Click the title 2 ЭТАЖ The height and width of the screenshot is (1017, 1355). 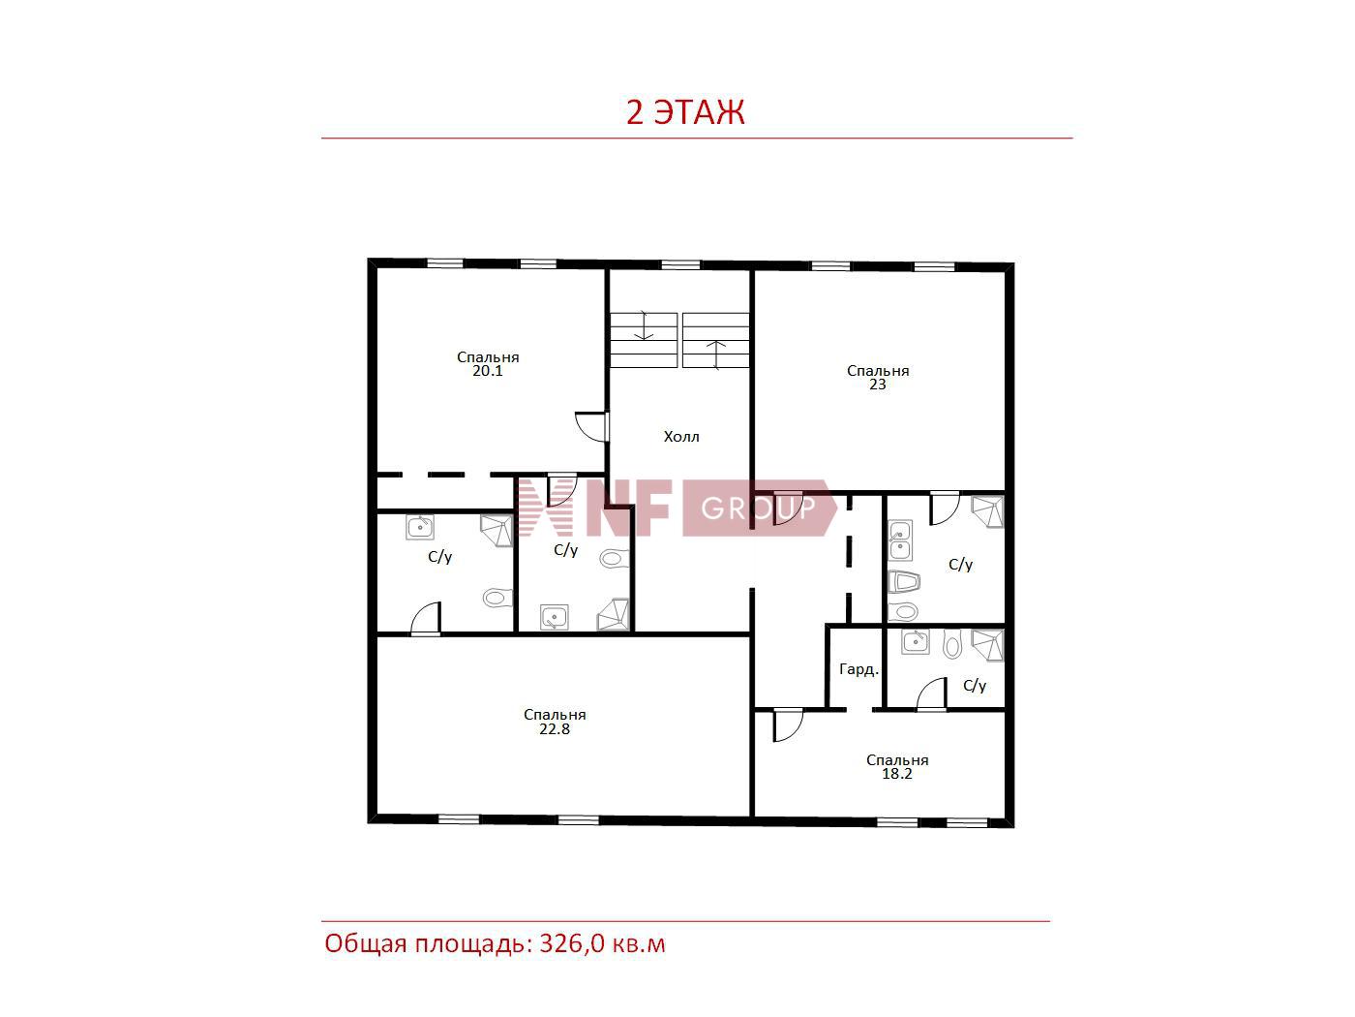(x=685, y=112)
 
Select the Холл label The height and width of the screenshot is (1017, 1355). (x=681, y=437)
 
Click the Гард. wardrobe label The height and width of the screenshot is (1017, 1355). (x=858, y=669)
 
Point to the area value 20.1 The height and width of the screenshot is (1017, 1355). (x=488, y=371)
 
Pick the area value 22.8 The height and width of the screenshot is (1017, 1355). (x=555, y=729)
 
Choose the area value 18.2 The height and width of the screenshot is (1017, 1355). (x=897, y=774)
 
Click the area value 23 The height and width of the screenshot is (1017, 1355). (x=877, y=385)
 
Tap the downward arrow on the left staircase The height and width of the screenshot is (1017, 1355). (x=644, y=325)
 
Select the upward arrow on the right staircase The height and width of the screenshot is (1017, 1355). (x=716, y=355)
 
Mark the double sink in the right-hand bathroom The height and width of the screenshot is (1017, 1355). (x=900, y=540)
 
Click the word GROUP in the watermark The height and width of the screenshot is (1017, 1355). (x=758, y=508)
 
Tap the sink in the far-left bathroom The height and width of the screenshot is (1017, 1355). (x=420, y=527)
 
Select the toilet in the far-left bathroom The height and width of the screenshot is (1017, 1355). (x=497, y=597)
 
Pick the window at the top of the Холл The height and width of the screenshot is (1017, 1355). (x=680, y=264)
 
